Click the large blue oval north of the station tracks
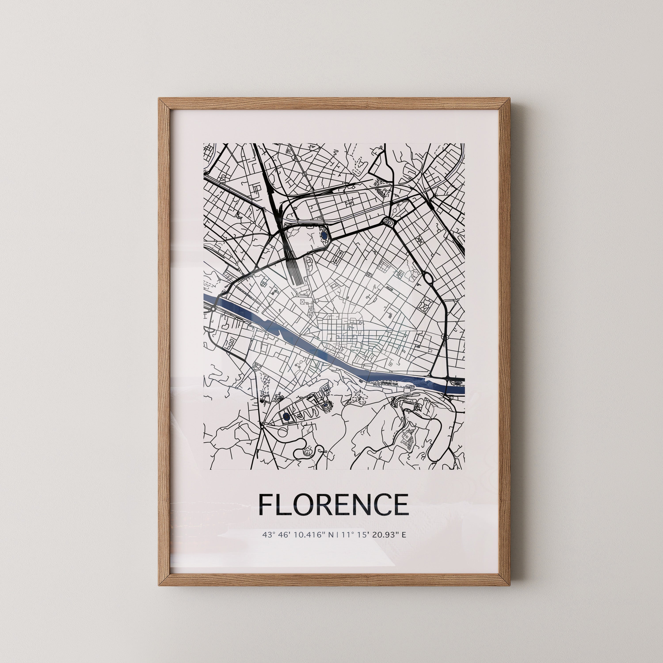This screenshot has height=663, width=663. click(324, 235)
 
